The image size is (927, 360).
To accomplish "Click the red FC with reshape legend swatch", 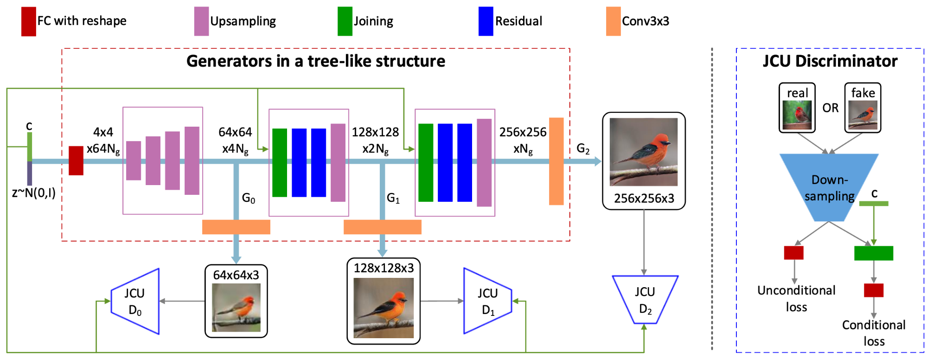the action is pyautogui.click(x=28, y=21).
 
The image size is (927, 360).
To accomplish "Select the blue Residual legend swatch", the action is pyautogui.click(x=486, y=21).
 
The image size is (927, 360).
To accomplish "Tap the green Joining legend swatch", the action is pyautogui.click(x=345, y=21).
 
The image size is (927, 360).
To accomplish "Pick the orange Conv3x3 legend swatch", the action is pyautogui.click(x=613, y=21).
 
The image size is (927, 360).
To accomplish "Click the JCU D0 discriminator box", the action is pyautogui.click(x=135, y=301).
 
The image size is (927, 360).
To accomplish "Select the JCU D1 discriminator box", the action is pyautogui.click(x=488, y=301).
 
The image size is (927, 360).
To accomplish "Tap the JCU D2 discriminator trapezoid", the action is pyautogui.click(x=645, y=300).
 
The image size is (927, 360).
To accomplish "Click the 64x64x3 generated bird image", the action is pyautogui.click(x=236, y=307).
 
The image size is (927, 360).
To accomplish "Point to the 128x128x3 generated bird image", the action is pyautogui.click(x=384, y=308).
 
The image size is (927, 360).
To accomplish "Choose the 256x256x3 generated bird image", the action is pyautogui.click(x=644, y=152).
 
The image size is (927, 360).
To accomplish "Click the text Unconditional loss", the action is pyautogui.click(x=796, y=299).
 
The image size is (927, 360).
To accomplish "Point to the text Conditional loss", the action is pyautogui.click(x=874, y=333).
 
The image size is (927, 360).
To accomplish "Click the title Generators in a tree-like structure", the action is pyautogui.click(x=316, y=61).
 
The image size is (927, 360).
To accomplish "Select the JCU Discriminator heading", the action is pyautogui.click(x=830, y=61).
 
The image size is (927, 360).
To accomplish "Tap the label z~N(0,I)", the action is pyautogui.click(x=33, y=193).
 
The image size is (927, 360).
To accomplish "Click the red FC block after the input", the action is pyautogui.click(x=76, y=161).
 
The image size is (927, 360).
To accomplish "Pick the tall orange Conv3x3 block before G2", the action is pyautogui.click(x=556, y=161).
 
